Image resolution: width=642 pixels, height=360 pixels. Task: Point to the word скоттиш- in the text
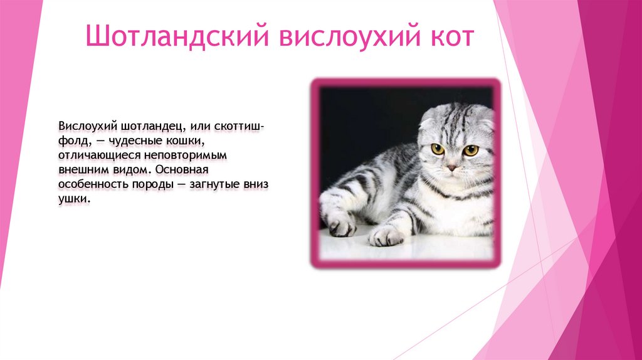(x=239, y=127)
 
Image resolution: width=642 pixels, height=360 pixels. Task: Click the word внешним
(x=82, y=171)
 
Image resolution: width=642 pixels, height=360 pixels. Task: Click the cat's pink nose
(x=451, y=167)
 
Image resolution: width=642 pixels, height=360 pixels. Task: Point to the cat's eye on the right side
(x=470, y=151)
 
